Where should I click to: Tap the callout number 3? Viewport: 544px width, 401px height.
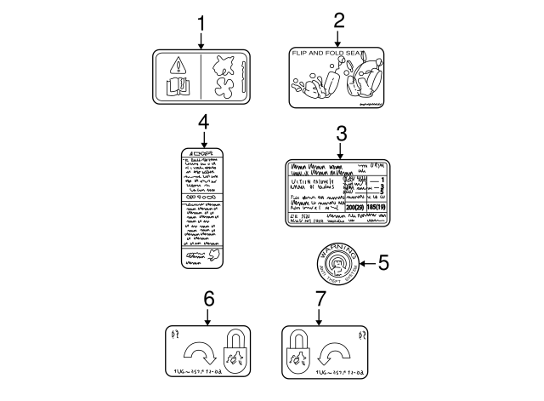pyautogui.click(x=341, y=133)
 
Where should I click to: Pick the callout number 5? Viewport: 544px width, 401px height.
pyautogui.click(x=383, y=264)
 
